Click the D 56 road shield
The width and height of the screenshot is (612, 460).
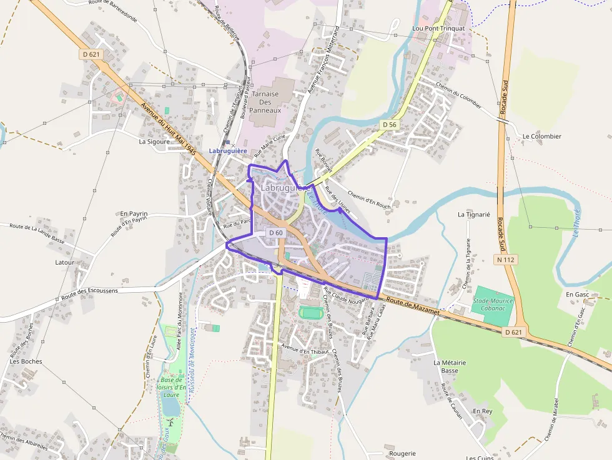(x=389, y=125)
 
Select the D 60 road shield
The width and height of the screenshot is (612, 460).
(x=275, y=233)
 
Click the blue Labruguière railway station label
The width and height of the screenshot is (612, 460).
(x=228, y=151)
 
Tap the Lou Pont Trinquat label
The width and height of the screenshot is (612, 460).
(x=438, y=29)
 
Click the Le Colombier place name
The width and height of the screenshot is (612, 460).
(x=542, y=136)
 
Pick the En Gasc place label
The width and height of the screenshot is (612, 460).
(x=578, y=294)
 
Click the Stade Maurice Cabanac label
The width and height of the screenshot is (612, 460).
(x=493, y=305)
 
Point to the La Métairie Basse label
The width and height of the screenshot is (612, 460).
(x=450, y=366)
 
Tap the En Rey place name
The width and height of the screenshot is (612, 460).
(x=482, y=411)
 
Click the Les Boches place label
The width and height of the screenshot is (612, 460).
(x=26, y=361)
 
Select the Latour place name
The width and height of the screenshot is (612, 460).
(x=64, y=263)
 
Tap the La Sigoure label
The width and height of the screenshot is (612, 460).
(x=154, y=142)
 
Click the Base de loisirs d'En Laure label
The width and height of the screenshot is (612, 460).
(x=170, y=387)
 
